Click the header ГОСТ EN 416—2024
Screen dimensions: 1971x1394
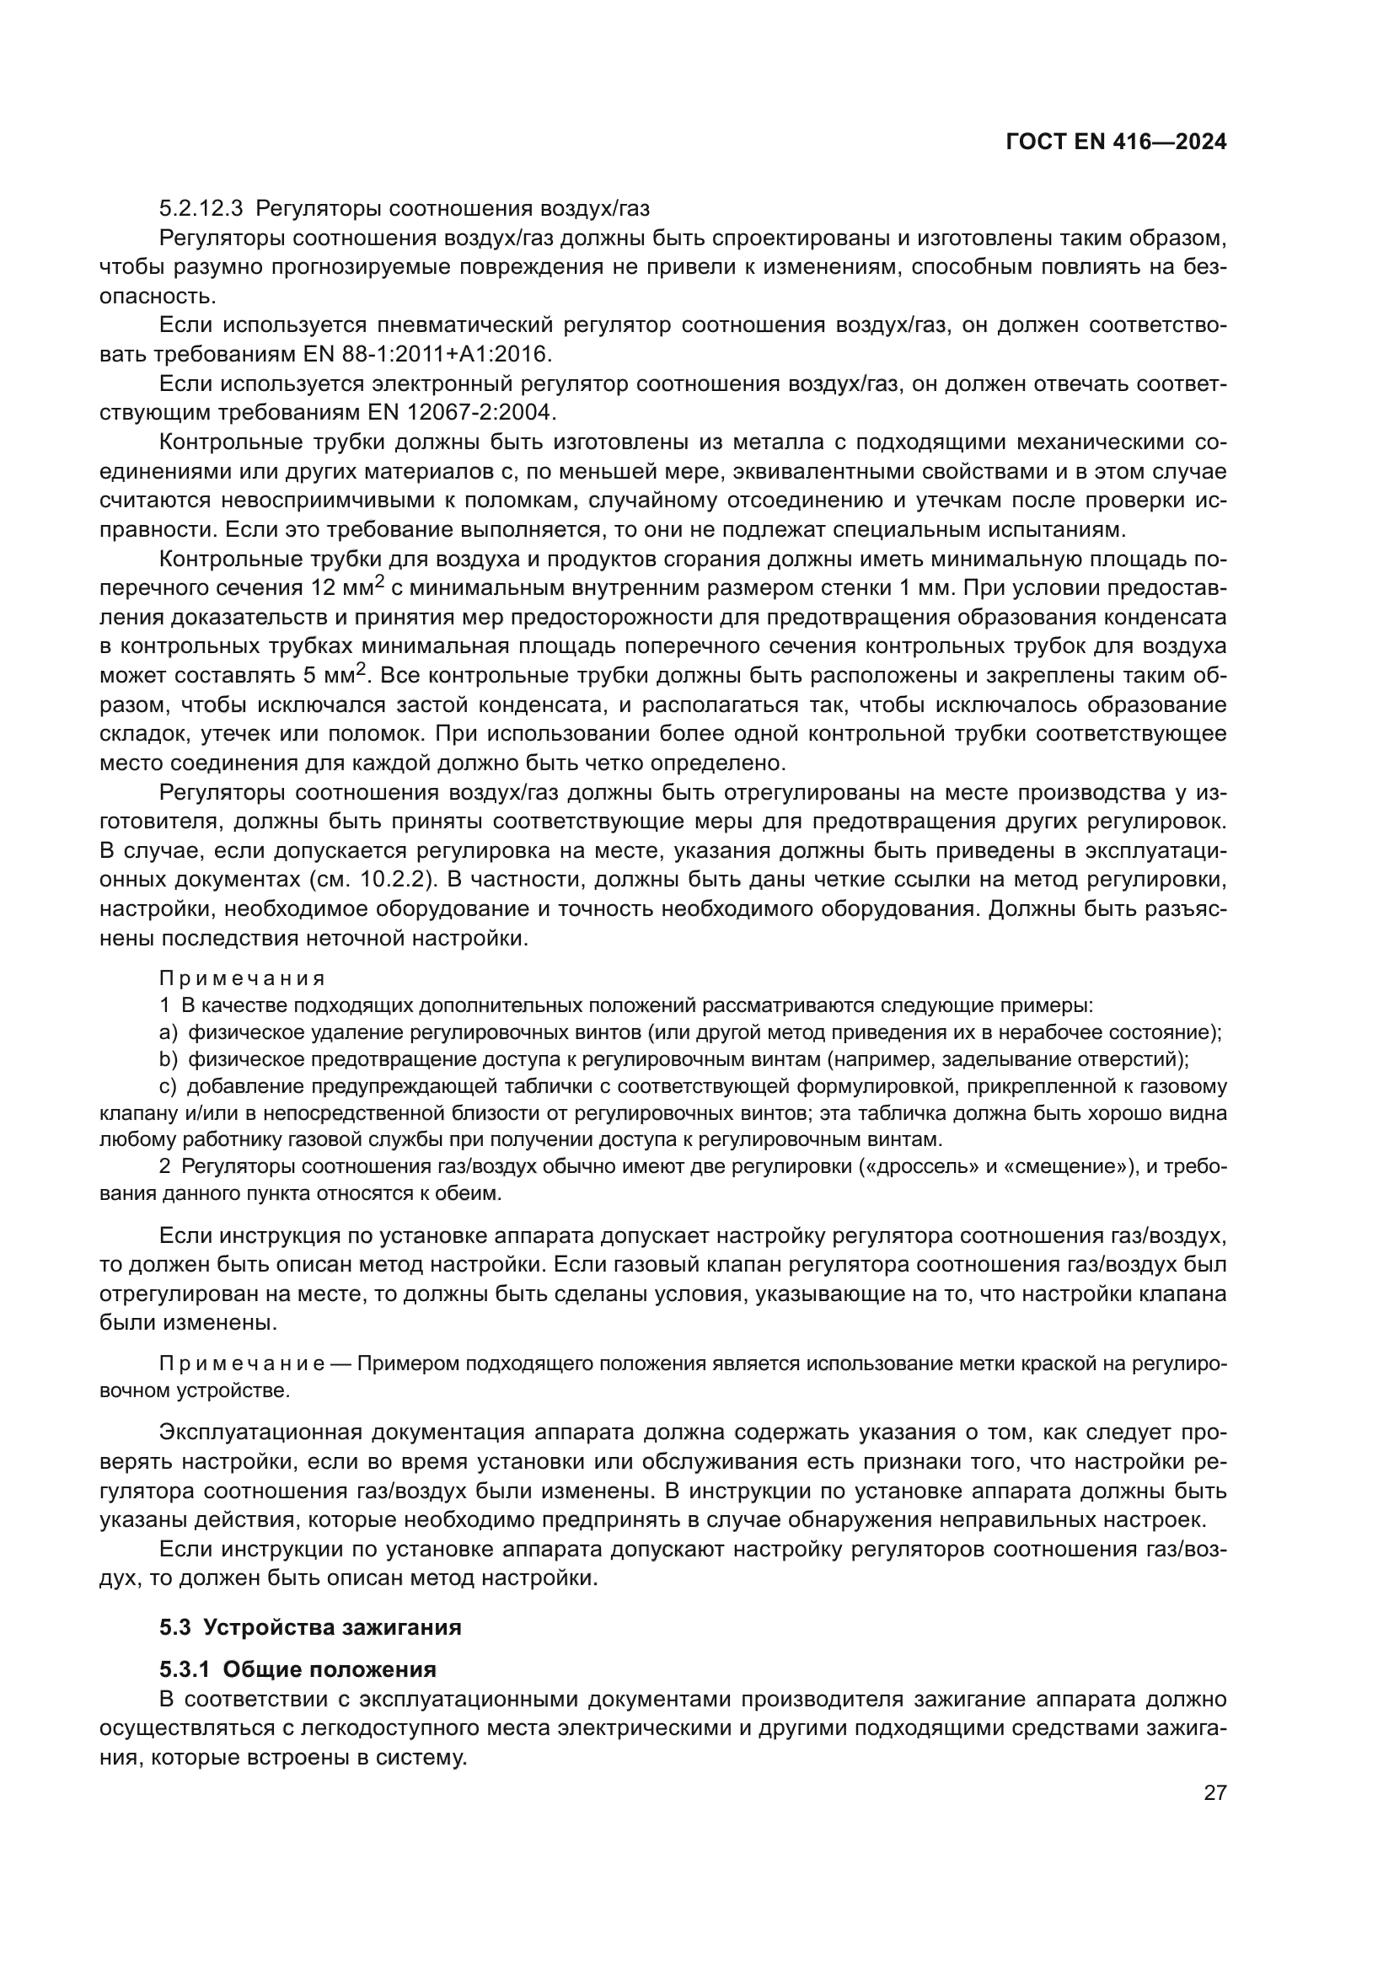pos(1116,142)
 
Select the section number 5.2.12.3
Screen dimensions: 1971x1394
pos(201,209)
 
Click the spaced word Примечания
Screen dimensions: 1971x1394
pos(242,978)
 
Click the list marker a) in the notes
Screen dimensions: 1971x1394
pos(169,1032)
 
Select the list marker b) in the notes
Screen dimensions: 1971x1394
pos(169,1059)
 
